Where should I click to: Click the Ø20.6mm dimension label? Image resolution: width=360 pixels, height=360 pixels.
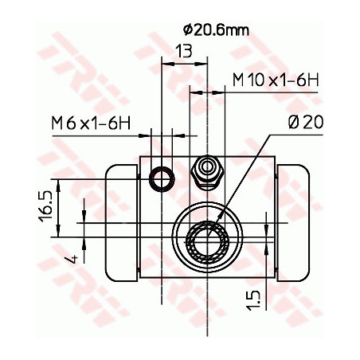coord(215,30)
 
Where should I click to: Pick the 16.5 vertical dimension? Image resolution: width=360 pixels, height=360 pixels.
coord(49,205)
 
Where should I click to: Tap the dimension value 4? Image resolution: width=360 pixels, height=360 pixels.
coord(71,257)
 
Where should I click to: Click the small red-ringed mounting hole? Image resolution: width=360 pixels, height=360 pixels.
coord(163,178)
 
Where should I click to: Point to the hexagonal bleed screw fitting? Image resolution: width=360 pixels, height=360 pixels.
coord(207,169)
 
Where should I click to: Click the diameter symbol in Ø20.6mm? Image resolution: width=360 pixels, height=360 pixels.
coord(187,30)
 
